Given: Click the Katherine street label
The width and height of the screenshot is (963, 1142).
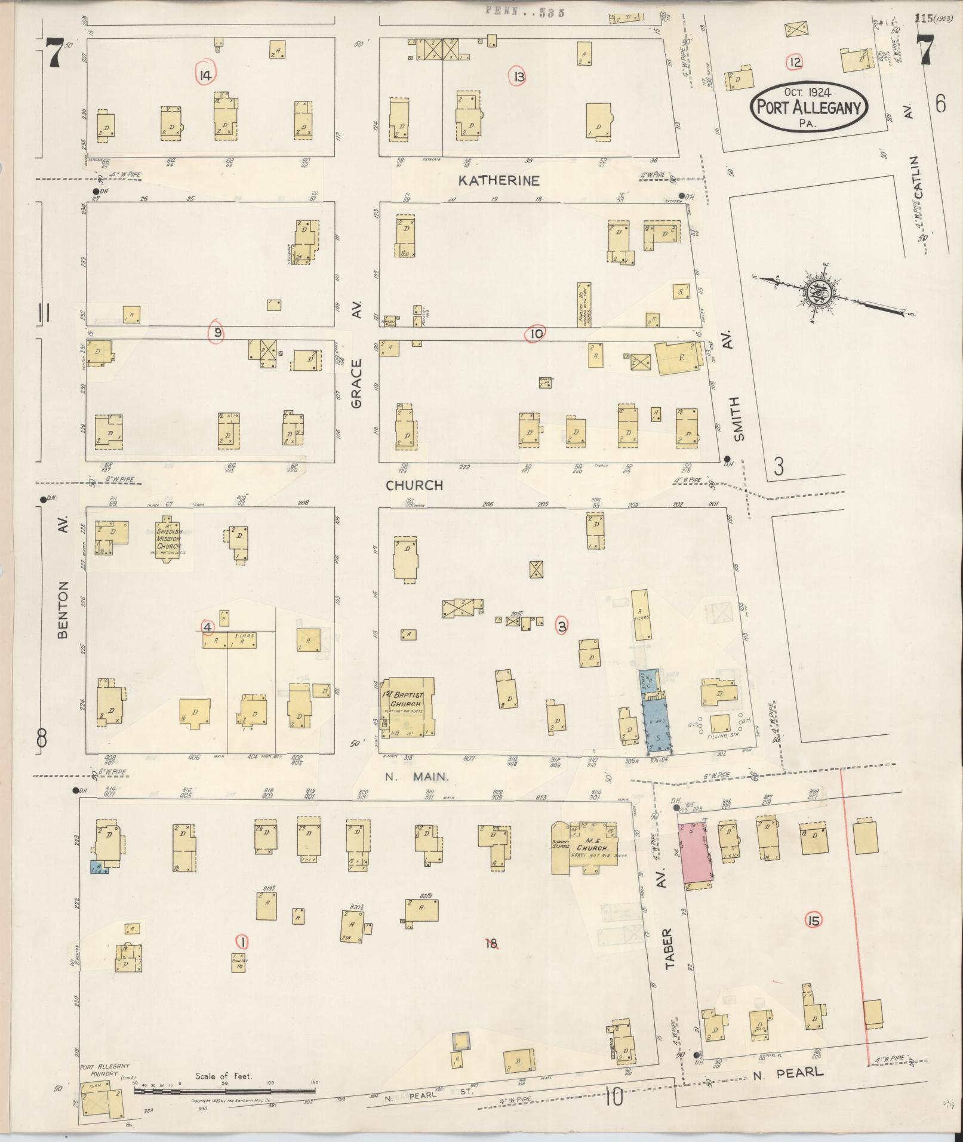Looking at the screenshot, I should [499, 180].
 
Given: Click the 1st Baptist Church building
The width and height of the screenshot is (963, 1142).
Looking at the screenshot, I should [410, 706].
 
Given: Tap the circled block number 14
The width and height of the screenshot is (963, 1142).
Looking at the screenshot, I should [206, 75].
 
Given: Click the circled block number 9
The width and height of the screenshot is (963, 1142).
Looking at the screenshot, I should [217, 333].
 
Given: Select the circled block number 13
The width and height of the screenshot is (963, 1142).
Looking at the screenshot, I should [517, 76].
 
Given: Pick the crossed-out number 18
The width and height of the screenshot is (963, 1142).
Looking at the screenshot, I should [491, 943].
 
